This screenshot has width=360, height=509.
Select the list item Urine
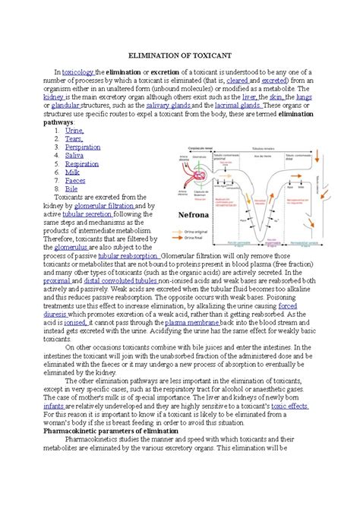(74, 131)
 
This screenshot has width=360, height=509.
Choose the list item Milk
(72, 172)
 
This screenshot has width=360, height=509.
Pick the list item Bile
(71, 188)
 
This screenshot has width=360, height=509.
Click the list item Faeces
(76, 180)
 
